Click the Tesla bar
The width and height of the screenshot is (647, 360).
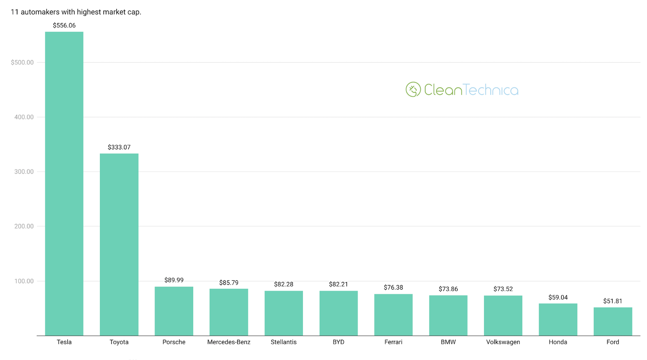click(x=64, y=184)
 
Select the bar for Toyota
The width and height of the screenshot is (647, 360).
click(x=119, y=244)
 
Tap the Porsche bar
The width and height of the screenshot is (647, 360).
click(x=174, y=311)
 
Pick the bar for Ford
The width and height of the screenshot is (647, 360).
click(x=613, y=322)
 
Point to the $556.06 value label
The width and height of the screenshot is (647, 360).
click(x=64, y=25)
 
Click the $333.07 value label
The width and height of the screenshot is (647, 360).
click(x=119, y=147)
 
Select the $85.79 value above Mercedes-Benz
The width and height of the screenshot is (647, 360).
click(x=229, y=283)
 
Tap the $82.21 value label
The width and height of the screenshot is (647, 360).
click(x=338, y=284)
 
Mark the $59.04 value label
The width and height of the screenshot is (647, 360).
click(x=558, y=297)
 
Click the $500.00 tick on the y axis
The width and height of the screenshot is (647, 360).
click(x=22, y=62)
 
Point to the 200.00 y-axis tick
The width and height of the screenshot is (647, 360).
click(x=24, y=226)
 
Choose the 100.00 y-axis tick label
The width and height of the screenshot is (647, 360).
click(x=24, y=281)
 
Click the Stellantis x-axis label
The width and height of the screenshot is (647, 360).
click(x=283, y=342)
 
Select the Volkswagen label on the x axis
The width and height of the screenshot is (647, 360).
click(x=503, y=342)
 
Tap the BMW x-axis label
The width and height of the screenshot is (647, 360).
click(x=448, y=342)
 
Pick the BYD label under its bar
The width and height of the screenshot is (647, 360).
click(x=338, y=342)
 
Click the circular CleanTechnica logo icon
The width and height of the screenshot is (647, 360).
click(x=413, y=90)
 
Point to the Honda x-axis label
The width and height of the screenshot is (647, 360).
click(x=558, y=342)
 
